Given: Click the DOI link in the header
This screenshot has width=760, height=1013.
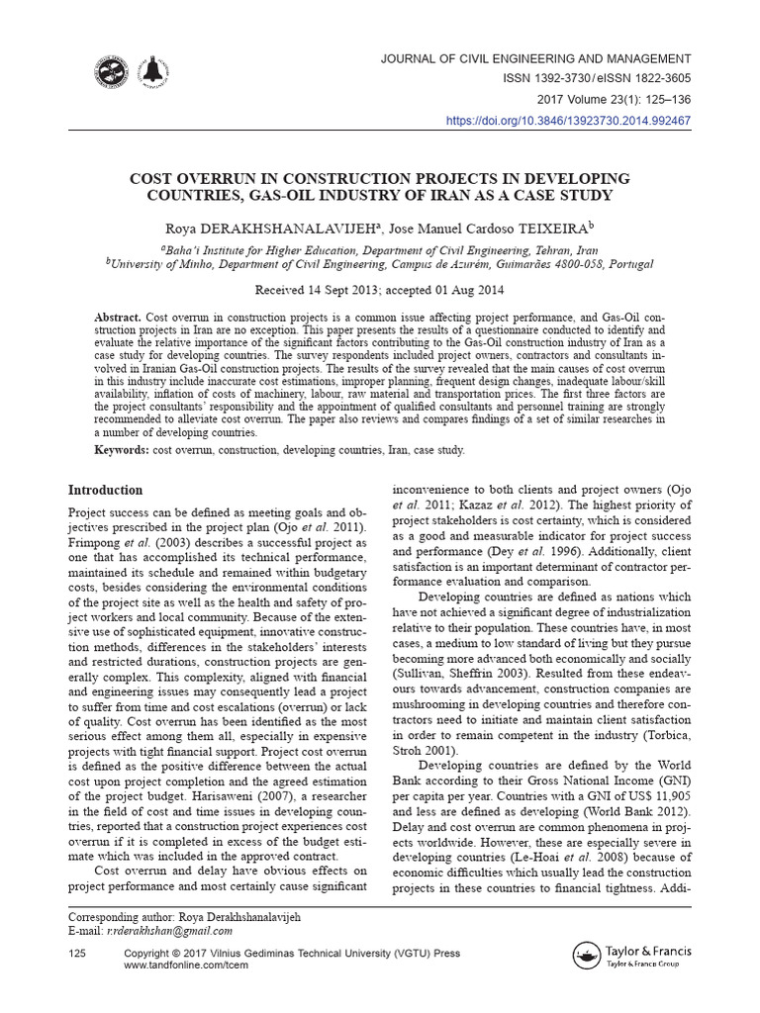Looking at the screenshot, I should [x=569, y=121].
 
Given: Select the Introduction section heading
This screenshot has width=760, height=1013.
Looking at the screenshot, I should [x=105, y=490].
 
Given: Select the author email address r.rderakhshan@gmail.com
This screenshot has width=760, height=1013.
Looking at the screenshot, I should [x=170, y=931].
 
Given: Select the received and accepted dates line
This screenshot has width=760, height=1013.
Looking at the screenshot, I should [x=380, y=291].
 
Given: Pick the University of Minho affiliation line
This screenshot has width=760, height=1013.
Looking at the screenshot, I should [x=380, y=265].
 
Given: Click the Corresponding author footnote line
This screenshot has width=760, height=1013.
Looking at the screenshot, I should [x=183, y=917].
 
